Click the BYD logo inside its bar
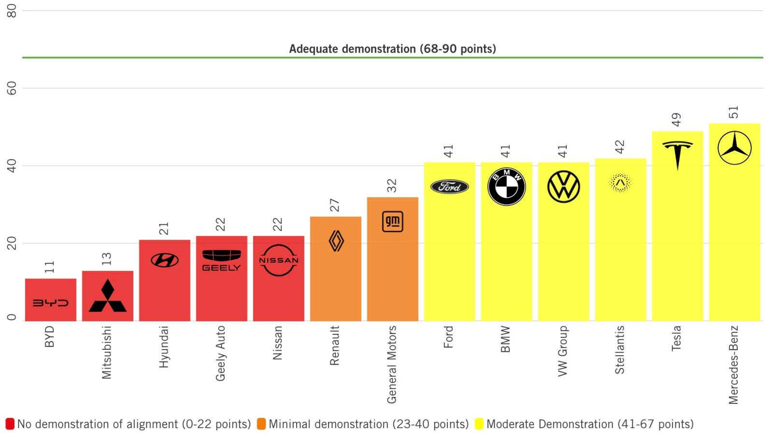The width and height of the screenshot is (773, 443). click(51, 303)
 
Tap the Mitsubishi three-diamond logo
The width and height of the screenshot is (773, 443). click(108, 296)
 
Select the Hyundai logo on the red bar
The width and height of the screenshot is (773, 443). click(165, 260)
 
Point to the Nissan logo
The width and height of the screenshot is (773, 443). click(279, 260)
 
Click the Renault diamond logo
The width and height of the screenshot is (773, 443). click(336, 241)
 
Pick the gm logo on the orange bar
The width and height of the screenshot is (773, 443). click(392, 222)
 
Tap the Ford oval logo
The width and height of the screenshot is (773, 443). click(449, 187)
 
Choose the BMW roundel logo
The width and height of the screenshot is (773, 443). click(506, 187)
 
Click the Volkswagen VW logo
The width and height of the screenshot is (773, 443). click(563, 187)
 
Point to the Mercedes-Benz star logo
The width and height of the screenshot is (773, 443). click(734, 148)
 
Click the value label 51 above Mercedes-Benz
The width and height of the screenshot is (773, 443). click(734, 112)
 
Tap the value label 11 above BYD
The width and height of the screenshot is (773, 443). click(50, 267)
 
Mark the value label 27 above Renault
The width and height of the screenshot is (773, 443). click(335, 205)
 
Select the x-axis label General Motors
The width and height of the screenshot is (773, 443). click(392, 364)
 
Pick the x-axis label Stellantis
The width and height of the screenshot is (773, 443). click(620, 350)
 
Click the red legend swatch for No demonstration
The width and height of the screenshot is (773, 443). click(10, 424)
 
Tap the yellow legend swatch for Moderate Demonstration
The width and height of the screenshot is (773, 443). click(479, 424)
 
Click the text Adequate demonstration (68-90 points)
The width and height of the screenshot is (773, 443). click(392, 49)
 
